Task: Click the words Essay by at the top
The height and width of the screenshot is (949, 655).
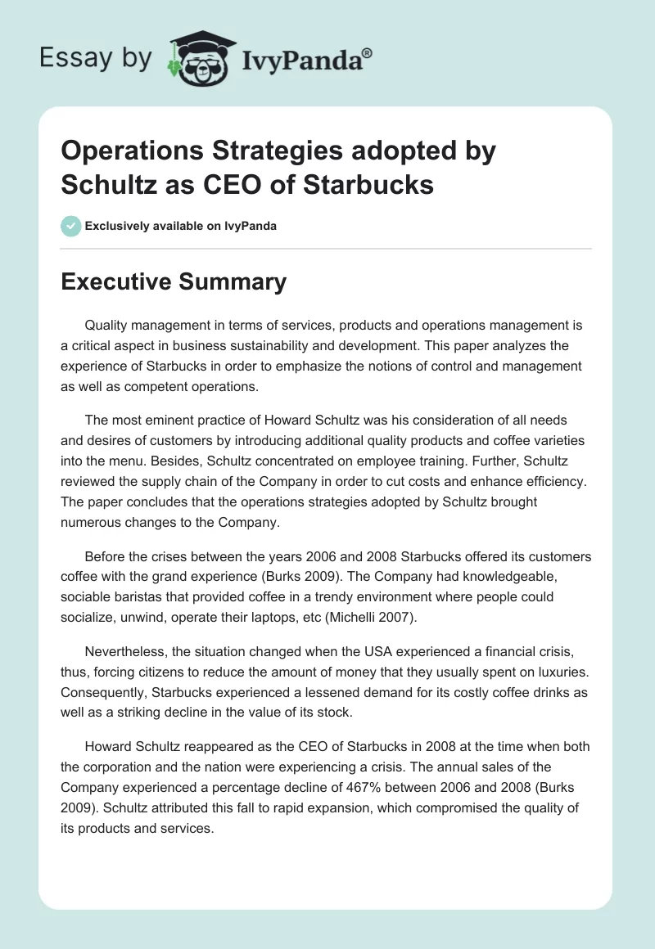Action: [x=97, y=57]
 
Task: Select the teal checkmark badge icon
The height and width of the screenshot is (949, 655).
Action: [x=70, y=226]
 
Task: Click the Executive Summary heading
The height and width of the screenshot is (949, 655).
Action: [x=174, y=282]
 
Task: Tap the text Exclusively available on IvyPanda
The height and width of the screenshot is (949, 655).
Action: [x=181, y=226]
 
